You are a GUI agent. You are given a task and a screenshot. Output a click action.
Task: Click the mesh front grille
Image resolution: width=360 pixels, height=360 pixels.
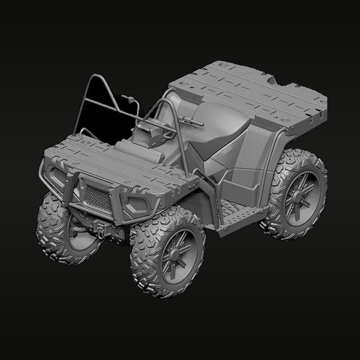pyautogui.click(x=100, y=198)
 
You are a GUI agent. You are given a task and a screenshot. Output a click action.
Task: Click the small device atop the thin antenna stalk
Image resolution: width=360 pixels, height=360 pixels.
pyautogui.click(x=129, y=98)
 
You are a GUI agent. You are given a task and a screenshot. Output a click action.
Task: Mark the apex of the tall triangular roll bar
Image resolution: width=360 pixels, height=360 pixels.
pyautogui.click(x=96, y=76)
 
